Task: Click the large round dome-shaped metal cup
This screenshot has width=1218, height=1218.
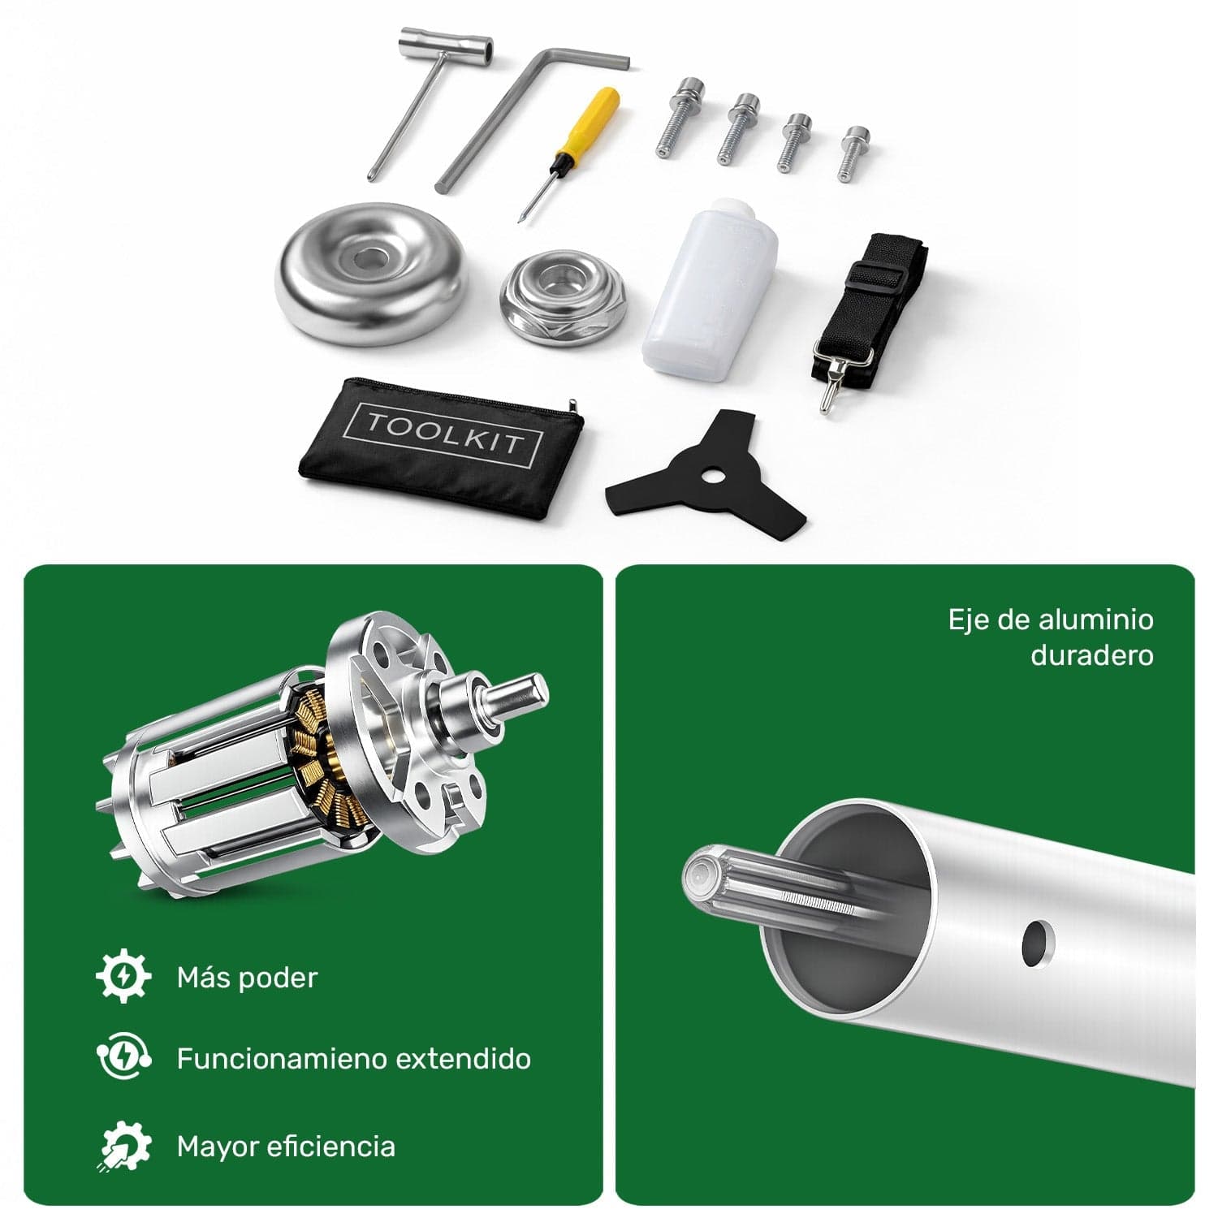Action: pos(372,276)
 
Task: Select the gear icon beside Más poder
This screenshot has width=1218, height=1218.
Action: pos(123,977)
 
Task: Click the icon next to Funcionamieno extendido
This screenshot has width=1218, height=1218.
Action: pos(123,1058)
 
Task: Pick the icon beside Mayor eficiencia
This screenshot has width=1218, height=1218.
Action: pos(124,1147)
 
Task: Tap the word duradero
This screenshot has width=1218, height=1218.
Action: pos(1091,655)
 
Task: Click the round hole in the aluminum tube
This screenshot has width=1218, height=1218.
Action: pos(1034,943)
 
